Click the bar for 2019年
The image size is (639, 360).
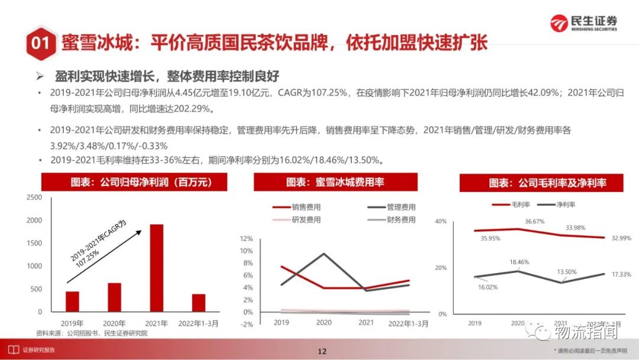72,301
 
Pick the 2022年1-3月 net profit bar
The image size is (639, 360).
199,303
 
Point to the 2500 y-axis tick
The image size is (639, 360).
35,197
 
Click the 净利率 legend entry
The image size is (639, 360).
551,204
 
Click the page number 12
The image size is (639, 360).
322,351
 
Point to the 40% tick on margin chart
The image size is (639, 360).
440,221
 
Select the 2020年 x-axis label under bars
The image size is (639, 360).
114,323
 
